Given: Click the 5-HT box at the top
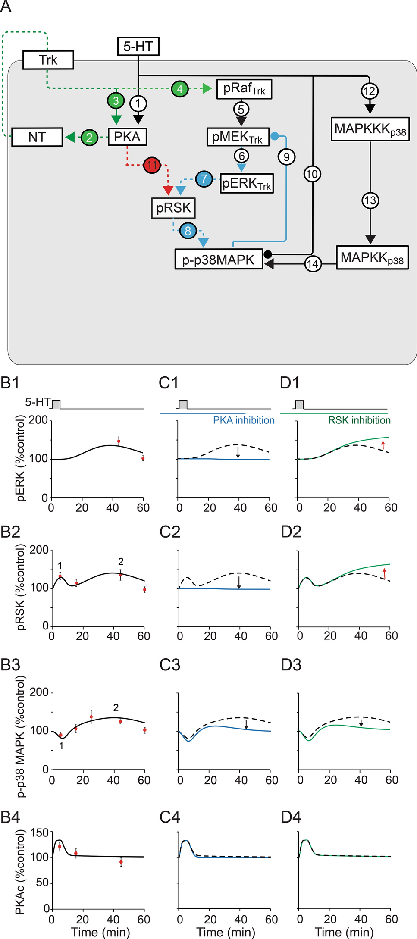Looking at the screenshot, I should (138, 47).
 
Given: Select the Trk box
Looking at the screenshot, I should (48, 60).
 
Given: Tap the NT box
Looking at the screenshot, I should (37, 137).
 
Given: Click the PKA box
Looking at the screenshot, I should (127, 137).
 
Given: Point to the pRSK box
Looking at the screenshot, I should (173, 208).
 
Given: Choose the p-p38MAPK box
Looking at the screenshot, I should (219, 260).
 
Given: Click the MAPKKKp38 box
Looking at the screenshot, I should (370, 129).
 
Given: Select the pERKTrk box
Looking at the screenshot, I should (247, 184).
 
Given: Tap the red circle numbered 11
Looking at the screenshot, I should (152, 165).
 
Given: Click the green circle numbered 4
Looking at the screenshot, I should (180, 89).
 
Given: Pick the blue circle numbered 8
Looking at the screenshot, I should (188, 231).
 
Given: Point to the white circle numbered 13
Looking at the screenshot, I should (370, 200).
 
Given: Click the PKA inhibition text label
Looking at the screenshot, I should (244, 420).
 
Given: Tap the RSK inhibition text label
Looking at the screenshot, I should (359, 420).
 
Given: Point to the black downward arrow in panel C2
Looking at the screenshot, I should (238, 582).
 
